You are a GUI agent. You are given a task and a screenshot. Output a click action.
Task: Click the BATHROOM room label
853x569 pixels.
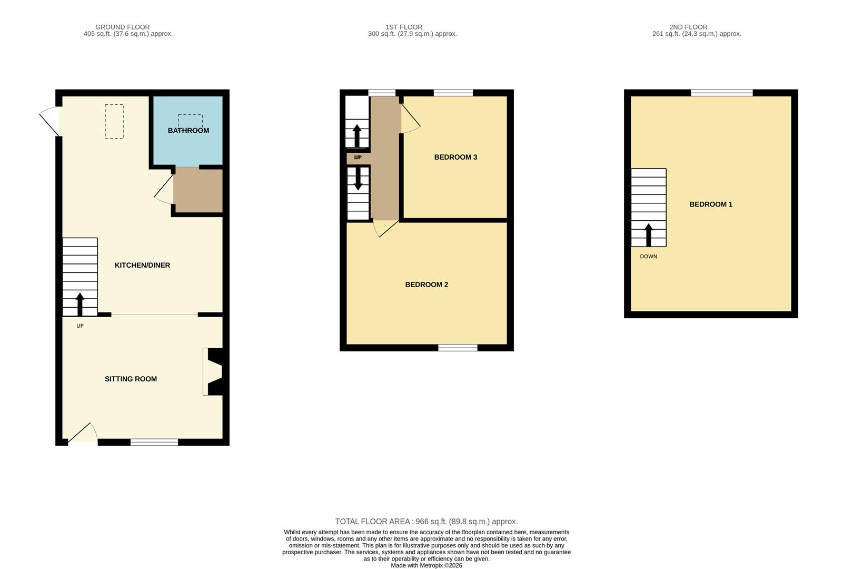pyautogui.click(x=188, y=131)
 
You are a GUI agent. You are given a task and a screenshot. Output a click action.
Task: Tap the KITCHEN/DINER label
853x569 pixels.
pyautogui.click(x=142, y=266)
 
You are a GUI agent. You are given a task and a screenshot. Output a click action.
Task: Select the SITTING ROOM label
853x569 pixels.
pyautogui.click(x=131, y=379)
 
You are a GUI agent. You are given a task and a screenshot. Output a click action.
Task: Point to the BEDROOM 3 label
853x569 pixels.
pyautogui.click(x=455, y=157)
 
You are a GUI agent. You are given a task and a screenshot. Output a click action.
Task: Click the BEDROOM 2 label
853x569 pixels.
pyautogui.click(x=426, y=285)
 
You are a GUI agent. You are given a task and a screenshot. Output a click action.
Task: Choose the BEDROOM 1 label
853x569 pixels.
pyautogui.click(x=711, y=204)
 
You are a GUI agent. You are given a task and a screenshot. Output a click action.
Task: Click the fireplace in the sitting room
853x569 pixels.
pyautogui.click(x=213, y=371)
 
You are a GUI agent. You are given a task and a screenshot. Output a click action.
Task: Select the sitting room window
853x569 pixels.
pyautogui.click(x=154, y=442)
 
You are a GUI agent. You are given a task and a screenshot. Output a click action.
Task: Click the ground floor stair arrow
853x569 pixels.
pyautogui.click(x=80, y=303)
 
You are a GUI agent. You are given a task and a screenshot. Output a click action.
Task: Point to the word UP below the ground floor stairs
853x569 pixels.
pyautogui.click(x=80, y=326)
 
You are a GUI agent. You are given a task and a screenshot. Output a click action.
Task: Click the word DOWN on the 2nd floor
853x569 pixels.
pyautogui.click(x=648, y=257)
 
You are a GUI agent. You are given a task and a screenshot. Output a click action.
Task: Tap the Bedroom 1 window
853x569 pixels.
pyautogui.click(x=721, y=93)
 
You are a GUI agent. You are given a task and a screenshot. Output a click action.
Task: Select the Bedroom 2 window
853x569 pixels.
pyautogui.click(x=458, y=348)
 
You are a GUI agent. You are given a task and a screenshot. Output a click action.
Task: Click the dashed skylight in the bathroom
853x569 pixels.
pyautogui.click(x=190, y=121)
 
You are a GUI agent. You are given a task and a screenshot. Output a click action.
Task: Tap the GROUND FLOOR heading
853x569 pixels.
pyautogui.click(x=123, y=27)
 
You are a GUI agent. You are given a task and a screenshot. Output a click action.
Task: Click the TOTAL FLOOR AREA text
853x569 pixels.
pyautogui.click(x=426, y=522)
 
